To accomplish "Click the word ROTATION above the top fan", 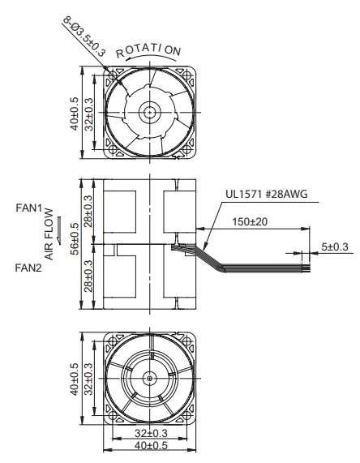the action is [x=148, y=51].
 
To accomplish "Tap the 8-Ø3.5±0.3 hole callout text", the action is [x=84, y=36].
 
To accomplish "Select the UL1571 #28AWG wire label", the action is [x=267, y=194].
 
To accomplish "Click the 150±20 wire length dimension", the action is [x=250, y=221].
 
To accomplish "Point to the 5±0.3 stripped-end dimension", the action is [x=335, y=247].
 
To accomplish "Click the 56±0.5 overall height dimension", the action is [x=75, y=239].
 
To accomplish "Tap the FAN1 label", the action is [x=29, y=208].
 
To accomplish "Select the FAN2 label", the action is [x=28, y=268].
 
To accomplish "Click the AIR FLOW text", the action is [x=49, y=234].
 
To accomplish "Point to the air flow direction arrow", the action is [x=59, y=230].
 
